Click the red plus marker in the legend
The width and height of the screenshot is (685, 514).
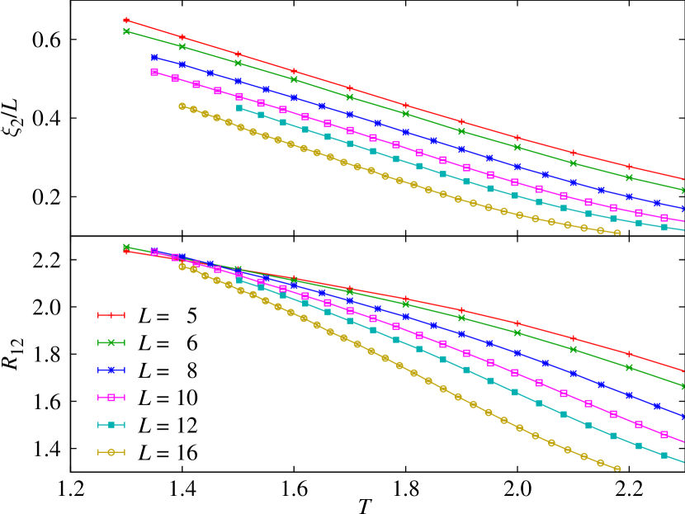coord(111,314)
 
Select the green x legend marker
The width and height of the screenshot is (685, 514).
coord(111,342)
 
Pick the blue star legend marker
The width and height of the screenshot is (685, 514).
coord(111,370)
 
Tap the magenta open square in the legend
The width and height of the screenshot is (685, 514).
coord(111,397)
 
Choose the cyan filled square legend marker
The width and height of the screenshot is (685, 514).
coord(111,425)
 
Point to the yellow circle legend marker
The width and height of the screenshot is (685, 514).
coord(111,452)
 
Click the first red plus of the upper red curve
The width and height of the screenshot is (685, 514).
coord(126,20)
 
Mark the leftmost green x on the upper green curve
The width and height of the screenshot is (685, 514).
coord(126,31)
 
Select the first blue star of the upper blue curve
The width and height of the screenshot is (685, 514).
coord(154,57)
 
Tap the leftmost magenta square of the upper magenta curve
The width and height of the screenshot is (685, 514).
coord(154,73)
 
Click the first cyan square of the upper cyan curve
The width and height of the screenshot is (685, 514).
coord(239,108)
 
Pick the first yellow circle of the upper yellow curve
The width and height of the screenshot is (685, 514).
coord(182,106)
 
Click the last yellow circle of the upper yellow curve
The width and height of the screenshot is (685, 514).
coord(617,233)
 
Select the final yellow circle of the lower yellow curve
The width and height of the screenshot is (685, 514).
coord(617,468)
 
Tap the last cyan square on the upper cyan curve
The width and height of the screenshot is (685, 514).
coord(664,227)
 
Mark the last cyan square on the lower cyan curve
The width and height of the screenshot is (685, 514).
coord(664,455)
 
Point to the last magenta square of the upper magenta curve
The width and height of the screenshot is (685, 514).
coord(664,218)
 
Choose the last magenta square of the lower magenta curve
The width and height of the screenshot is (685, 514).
coord(664,434)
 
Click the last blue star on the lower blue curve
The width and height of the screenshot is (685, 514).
coord(657,406)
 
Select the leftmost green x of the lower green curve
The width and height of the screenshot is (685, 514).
coord(126,247)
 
